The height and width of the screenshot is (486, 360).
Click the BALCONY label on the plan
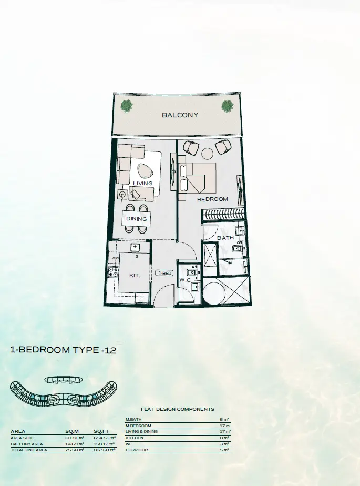pyautogui.click(x=180, y=115)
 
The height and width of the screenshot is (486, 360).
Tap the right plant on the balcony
pyautogui.click(x=228, y=106)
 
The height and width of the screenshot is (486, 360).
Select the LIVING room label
pyautogui.click(x=143, y=183)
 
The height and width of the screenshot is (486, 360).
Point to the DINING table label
pyautogui.click(x=136, y=219)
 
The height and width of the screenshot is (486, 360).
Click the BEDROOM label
pyautogui.click(x=212, y=199)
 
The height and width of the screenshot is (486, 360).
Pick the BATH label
pyautogui.click(x=225, y=238)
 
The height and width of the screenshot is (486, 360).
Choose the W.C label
pyautogui.click(x=184, y=280)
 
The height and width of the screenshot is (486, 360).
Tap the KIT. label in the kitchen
pyautogui.click(x=135, y=275)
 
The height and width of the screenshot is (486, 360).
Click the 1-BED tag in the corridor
pyautogui.click(x=165, y=273)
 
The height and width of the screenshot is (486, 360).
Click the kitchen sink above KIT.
pyautogui.click(x=135, y=247)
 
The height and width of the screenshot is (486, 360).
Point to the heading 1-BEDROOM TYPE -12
pyautogui.click(x=64, y=350)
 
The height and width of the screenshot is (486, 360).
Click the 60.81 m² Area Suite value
pyautogui.click(x=75, y=438)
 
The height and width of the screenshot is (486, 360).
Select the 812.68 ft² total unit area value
pyautogui.click(x=105, y=450)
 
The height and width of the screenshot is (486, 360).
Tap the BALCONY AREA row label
pyautogui.click(x=27, y=444)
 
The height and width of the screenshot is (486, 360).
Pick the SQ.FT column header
pyautogui.click(x=101, y=431)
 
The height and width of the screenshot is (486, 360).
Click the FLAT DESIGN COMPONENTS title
pyautogui.click(x=178, y=409)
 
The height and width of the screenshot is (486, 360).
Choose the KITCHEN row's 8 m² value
pyautogui.click(x=224, y=438)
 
